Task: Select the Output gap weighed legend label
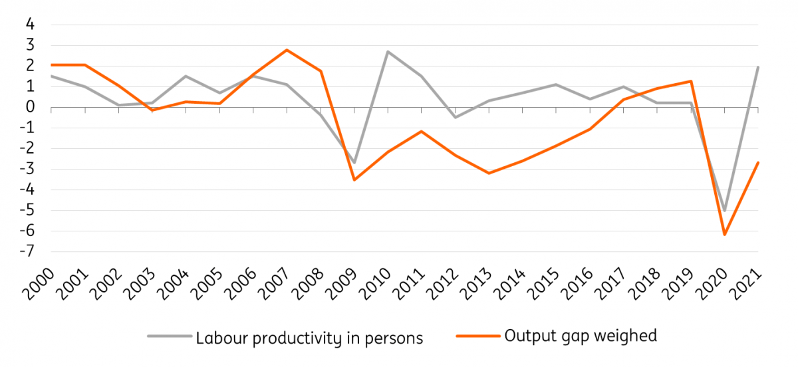click(581, 336)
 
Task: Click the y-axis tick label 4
click(29, 25)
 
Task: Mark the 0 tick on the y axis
click(29, 107)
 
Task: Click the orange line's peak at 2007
click(287, 50)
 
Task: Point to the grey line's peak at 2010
click(388, 52)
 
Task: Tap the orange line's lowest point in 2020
click(725, 235)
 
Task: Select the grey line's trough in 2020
click(725, 210)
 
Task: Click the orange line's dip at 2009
click(354, 180)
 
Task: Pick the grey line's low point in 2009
click(354, 163)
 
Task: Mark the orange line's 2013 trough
click(489, 174)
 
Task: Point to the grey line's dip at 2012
click(456, 118)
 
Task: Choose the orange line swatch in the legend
click(477, 336)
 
